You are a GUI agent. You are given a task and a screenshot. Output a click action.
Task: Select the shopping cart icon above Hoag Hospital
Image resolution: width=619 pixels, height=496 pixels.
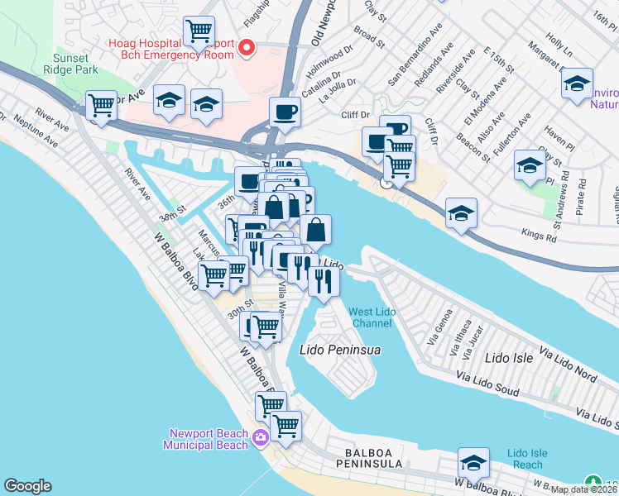pos(199,32)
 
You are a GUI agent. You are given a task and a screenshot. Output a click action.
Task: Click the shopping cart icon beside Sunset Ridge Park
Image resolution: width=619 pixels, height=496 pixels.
pos(101,106)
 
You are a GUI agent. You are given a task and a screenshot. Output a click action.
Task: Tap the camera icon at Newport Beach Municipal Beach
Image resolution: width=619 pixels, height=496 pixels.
pos(261,437)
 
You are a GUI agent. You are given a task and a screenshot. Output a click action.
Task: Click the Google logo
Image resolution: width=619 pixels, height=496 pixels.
pos(27,486)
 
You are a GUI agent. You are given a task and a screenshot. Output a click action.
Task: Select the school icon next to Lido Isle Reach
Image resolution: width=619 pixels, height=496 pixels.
pos(474,463)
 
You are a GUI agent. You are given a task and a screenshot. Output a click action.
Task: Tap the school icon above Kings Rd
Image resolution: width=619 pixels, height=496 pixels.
pos(461,213)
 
